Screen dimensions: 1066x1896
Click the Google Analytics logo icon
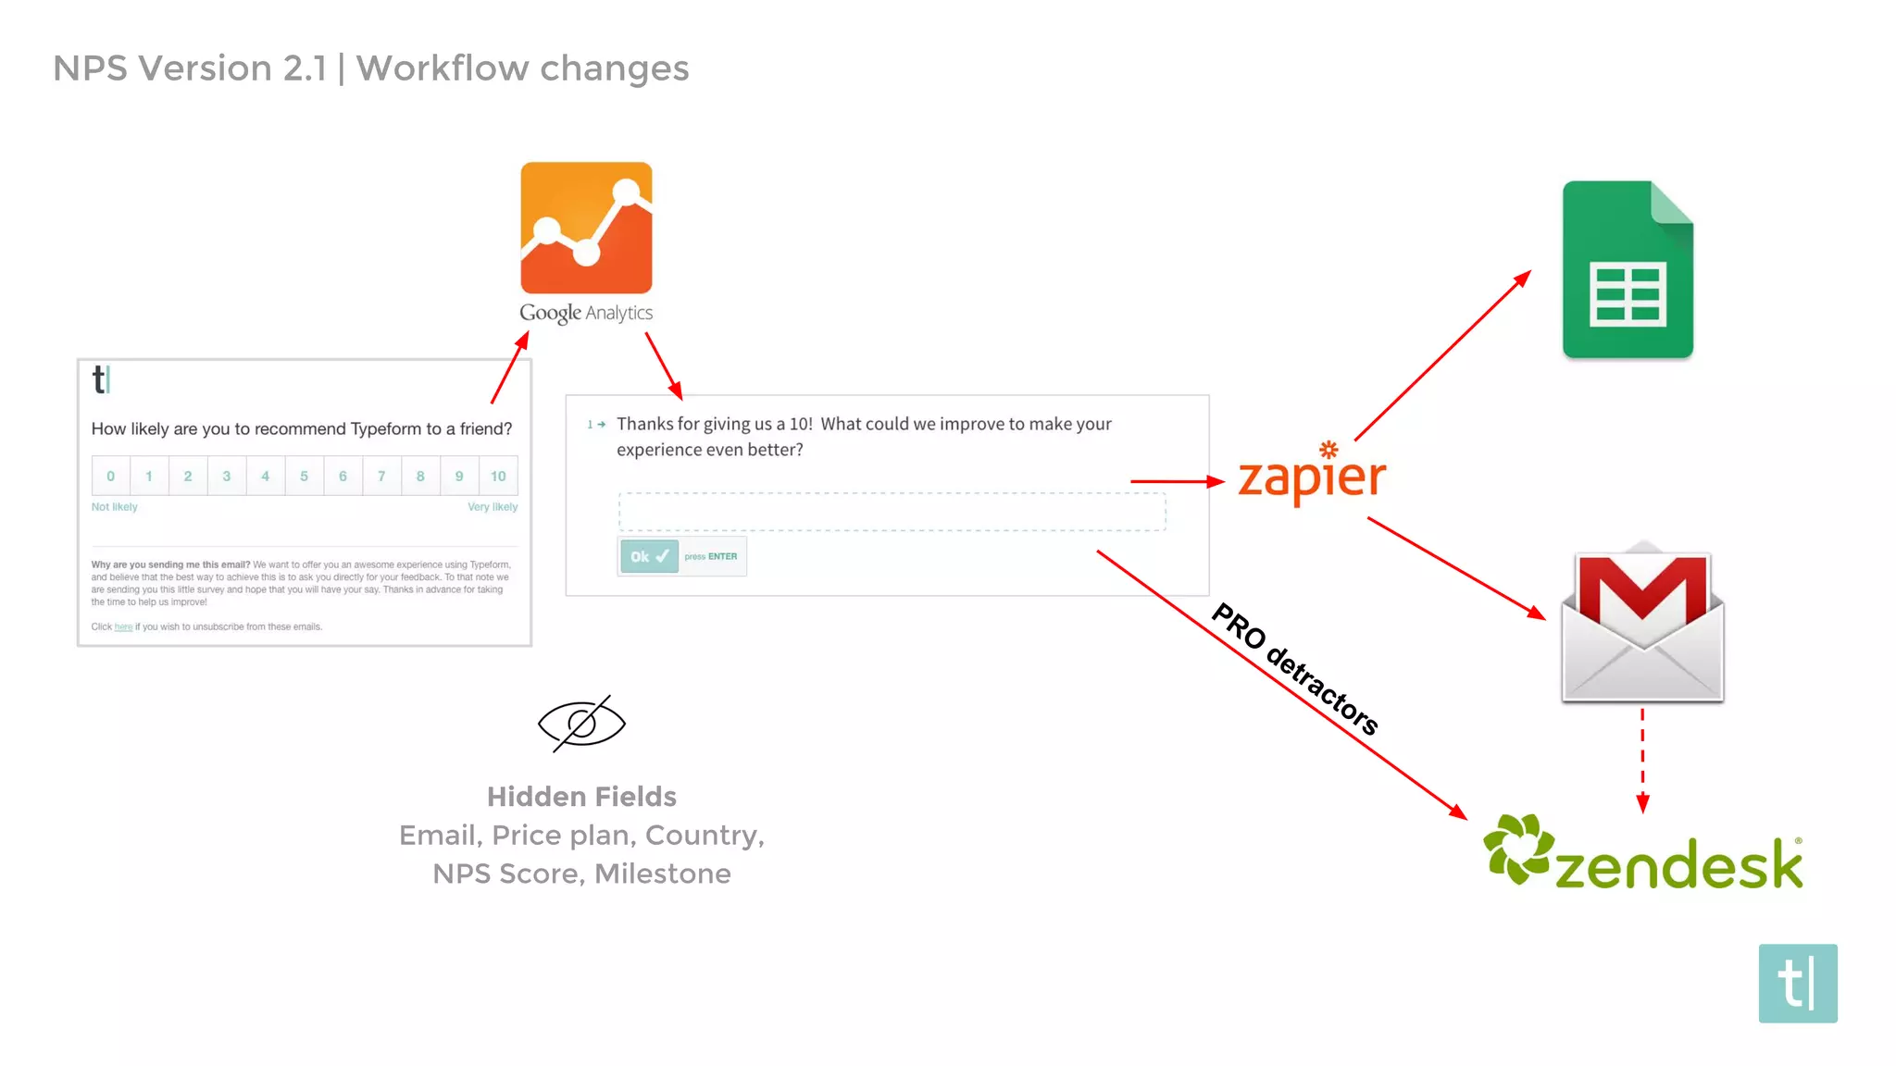586,228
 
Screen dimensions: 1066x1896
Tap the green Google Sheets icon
1628,269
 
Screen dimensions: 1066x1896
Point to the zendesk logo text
1678,864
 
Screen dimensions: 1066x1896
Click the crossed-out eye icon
581,723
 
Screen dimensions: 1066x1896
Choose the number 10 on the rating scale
498,476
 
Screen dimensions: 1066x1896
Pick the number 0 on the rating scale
110,476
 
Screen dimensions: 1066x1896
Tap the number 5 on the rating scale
304,476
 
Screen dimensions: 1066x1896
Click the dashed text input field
892,512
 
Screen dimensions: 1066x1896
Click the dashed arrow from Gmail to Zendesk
1642,759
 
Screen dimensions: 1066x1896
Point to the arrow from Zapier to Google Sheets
1442,355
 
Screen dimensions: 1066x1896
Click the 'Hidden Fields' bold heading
581,797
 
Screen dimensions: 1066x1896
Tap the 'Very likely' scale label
493,507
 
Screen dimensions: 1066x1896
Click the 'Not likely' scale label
114,507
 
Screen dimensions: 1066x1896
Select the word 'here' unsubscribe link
123,627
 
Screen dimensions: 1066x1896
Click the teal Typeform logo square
1797,983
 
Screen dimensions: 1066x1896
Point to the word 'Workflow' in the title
442,68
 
